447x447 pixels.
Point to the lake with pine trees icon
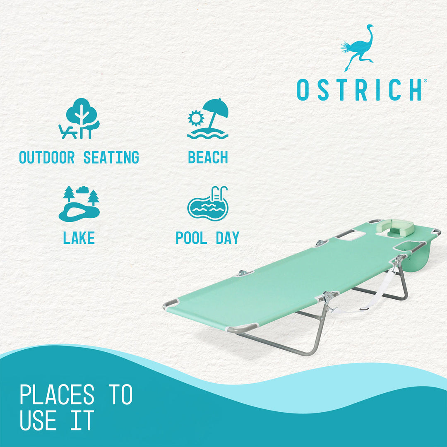[x=79, y=204]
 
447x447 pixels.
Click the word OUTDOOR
[x=47, y=158]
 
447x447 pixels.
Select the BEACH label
[x=208, y=158]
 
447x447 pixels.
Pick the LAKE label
[x=79, y=238]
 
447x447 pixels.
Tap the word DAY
[x=228, y=238]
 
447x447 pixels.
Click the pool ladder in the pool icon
[x=219, y=194]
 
